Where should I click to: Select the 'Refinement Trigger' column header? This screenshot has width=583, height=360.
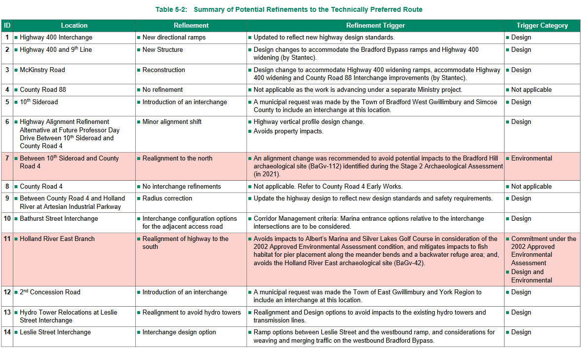tap(375, 26)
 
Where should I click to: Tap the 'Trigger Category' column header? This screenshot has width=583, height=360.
tap(542, 26)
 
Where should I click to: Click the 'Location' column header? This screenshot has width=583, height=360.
tap(74, 26)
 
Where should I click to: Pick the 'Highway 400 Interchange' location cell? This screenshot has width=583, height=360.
tap(56, 38)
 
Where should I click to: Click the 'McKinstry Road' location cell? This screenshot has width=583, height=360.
tap(42, 70)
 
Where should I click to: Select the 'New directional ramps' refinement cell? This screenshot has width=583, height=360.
tap(174, 38)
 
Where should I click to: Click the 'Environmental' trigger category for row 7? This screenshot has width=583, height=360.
tap(532, 159)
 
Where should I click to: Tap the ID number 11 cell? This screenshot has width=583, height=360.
tap(7, 239)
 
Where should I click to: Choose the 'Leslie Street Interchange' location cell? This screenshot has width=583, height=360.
tap(55, 332)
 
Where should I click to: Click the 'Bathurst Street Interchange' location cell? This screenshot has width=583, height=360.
tap(59, 219)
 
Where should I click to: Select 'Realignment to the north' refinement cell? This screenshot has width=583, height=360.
tap(177, 159)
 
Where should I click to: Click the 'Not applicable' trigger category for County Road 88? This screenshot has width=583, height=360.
tap(531, 90)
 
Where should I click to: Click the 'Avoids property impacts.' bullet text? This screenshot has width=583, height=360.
tap(288, 131)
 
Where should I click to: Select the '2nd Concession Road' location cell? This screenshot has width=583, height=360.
tap(50, 292)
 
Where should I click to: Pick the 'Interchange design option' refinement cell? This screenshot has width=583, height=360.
tap(179, 332)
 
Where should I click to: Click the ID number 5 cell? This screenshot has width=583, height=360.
tap(7, 102)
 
